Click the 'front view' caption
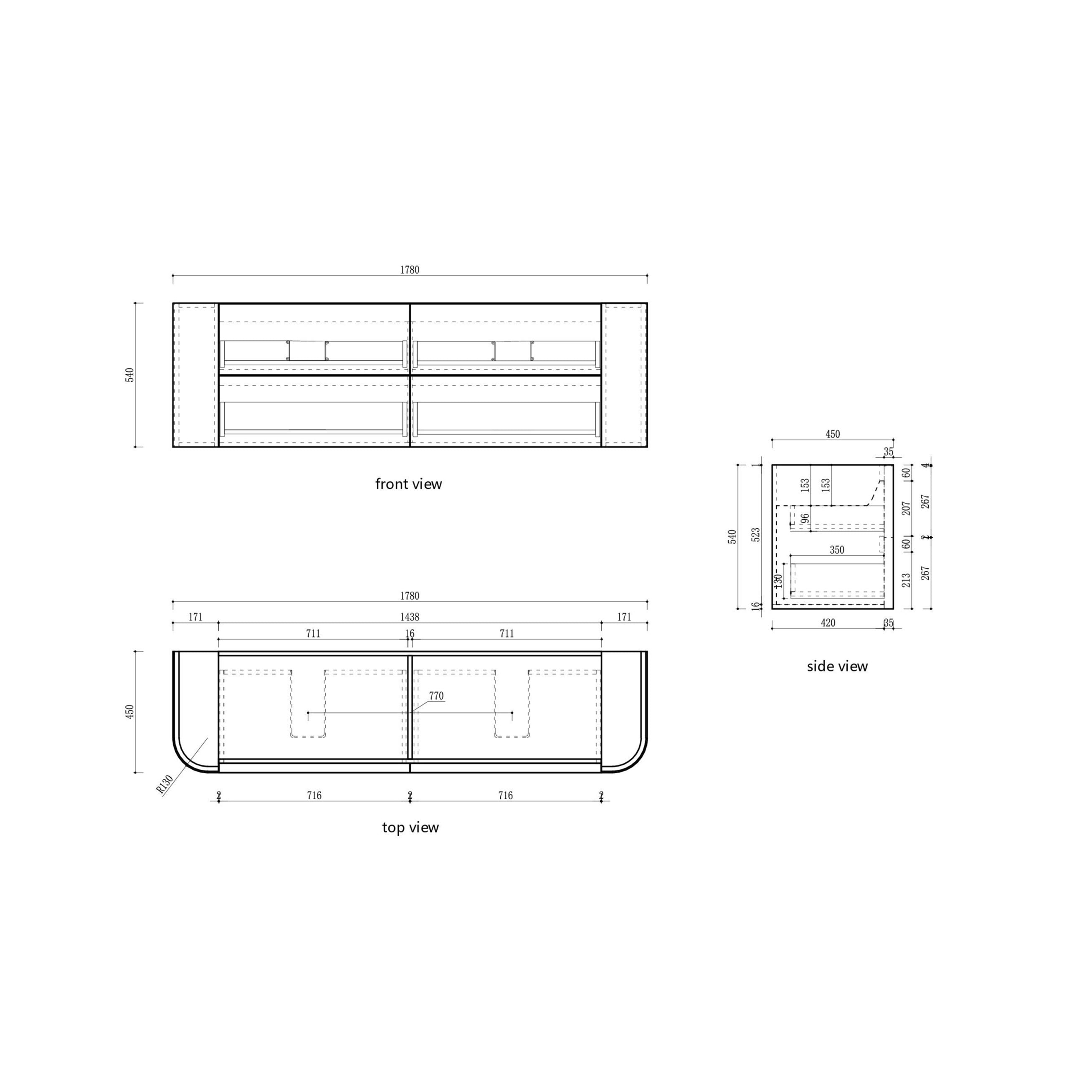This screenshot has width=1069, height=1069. tap(408, 484)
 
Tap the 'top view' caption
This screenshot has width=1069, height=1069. tap(410, 827)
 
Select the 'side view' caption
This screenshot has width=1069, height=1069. tap(837, 666)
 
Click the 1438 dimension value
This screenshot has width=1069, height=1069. tap(410, 617)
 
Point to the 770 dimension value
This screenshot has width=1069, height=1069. tap(436, 696)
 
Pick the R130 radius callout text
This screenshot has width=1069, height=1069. tap(165, 784)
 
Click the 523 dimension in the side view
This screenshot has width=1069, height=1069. tap(756, 534)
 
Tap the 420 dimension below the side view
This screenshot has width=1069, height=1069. tap(828, 623)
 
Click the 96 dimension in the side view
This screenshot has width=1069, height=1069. tap(805, 519)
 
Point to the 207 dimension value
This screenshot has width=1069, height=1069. tap(906, 508)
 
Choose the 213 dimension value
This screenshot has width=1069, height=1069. tap(906, 580)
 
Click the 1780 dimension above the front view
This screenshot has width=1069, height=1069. tap(410, 270)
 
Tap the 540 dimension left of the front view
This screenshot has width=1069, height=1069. tap(129, 375)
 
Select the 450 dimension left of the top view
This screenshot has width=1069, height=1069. tap(129, 712)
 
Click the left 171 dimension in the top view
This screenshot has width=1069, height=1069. tap(195, 617)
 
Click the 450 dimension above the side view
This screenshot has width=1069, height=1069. tap(832, 434)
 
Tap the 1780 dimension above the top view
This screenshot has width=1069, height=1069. tap(410, 596)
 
